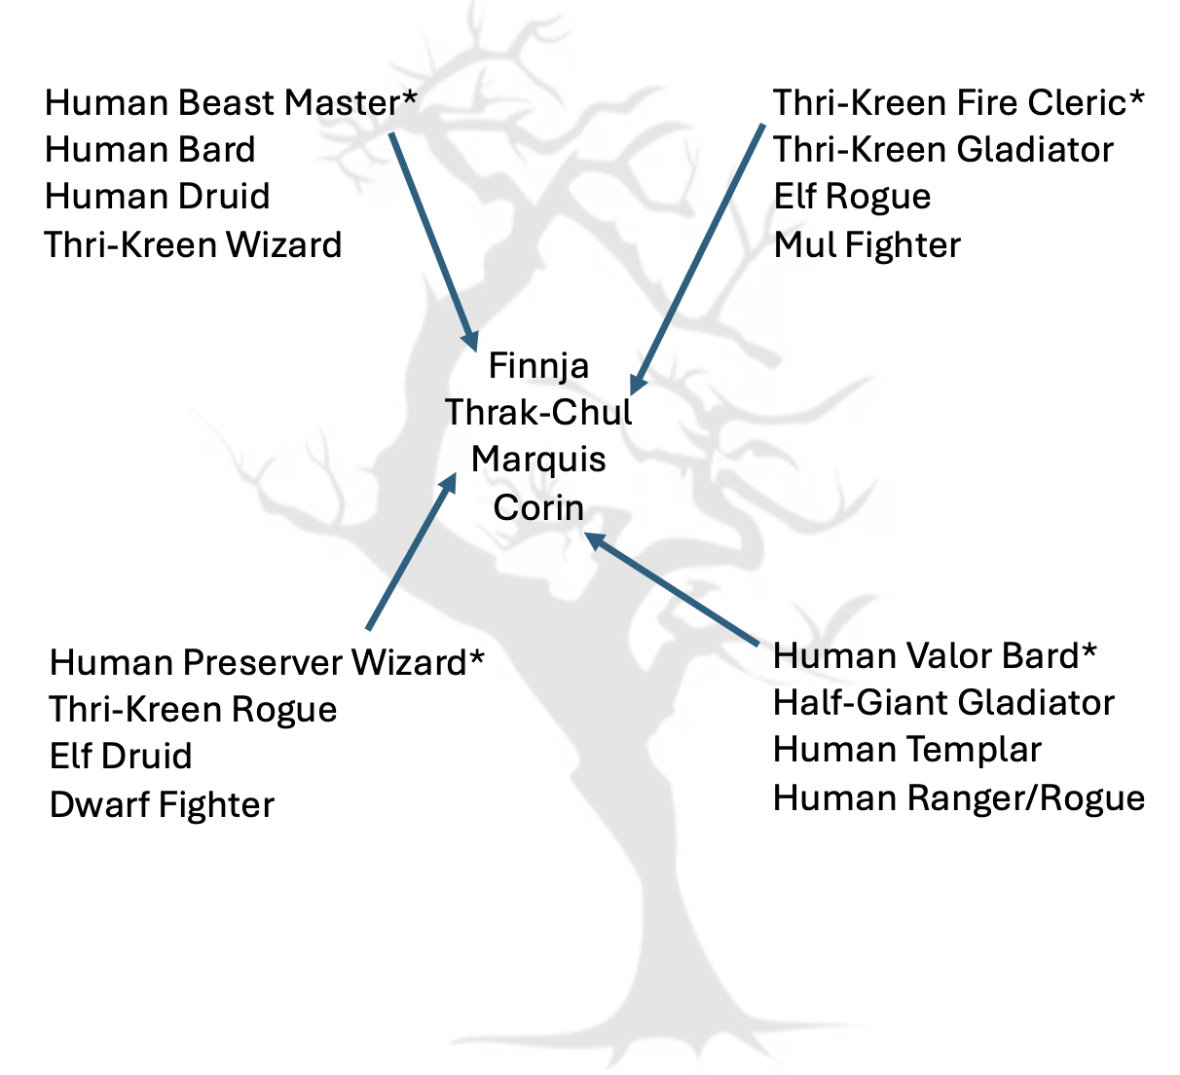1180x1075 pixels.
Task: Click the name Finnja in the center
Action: coord(538,365)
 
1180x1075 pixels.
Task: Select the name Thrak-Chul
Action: coord(538,412)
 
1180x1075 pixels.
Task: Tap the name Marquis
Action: coord(538,459)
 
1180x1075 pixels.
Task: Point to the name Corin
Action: coord(538,506)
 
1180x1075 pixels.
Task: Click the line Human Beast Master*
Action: coord(231,102)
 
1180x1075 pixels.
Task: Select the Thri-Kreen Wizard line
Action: coord(193,244)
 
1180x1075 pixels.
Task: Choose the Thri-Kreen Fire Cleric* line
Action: coord(958,102)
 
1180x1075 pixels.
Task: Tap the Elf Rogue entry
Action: coord(852,197)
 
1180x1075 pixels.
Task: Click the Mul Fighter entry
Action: coord(867,244)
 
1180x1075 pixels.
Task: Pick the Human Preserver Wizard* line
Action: coord(266,662)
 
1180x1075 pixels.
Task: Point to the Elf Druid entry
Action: coord(121,757)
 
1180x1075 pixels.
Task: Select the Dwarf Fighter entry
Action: coord(162,804)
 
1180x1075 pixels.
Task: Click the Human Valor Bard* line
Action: coord(935,655)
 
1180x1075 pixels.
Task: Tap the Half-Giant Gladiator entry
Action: coord(942,702)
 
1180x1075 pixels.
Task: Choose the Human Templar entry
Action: coord(906,750)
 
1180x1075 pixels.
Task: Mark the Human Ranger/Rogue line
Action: coord(958,797)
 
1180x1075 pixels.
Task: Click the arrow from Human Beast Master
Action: coord(433,240)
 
